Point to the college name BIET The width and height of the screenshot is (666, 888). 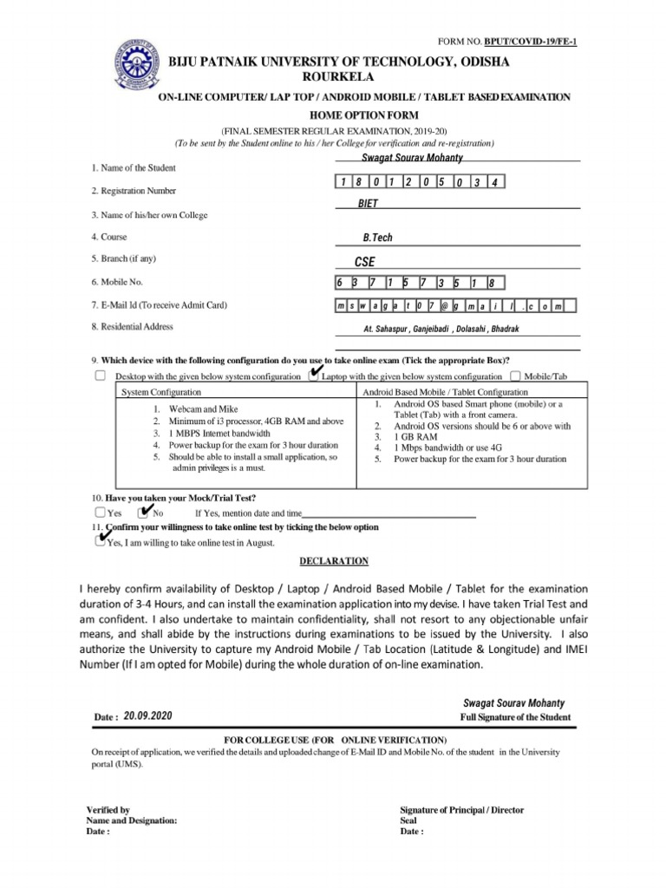[369, 202]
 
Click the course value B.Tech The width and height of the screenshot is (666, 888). [378, 237]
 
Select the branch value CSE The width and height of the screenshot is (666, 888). [365, 261]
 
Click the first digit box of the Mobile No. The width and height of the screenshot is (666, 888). [341, 283]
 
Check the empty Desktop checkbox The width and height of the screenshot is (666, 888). [101, 375]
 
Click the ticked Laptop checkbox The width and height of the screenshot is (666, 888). [313, 375]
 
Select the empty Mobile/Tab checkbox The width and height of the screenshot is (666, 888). [515, 375]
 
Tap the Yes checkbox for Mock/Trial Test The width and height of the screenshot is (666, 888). [101, 513]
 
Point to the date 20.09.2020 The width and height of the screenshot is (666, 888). [148, 715]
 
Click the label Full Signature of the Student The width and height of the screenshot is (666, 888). [515, 717]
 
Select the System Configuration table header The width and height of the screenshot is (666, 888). [159, 392]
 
